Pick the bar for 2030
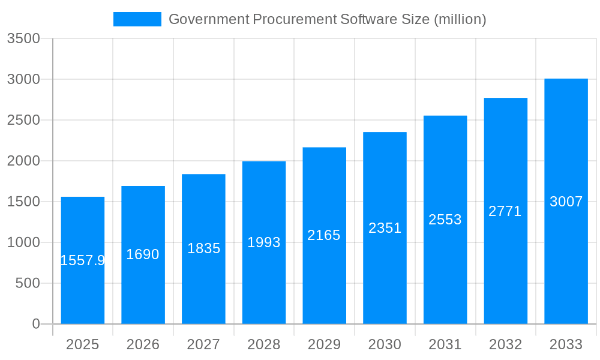tap(385, 276)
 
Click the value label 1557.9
tap(83, 260)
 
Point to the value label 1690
tap(143, 254)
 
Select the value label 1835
tap(203, 248)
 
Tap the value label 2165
tap(324, 235)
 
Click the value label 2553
tap(445, 220)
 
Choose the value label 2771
tap(505, 211)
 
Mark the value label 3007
tap(566, 202)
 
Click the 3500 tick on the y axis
tap(23, 39)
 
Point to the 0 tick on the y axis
tap(35, 324)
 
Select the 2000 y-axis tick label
tap(23, 161)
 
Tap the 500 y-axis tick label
tap(27, 283)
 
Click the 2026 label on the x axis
tap(143, 344)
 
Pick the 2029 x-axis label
tap(324, 344)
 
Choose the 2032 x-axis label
tap(505, 344)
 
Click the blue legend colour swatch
tap(137, 19)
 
